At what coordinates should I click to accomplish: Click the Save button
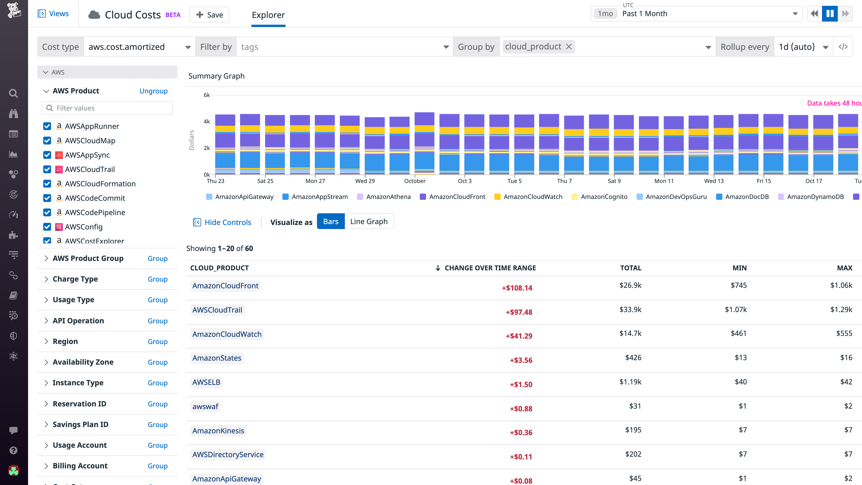point(209,15)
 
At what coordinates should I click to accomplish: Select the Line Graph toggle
point(369,222)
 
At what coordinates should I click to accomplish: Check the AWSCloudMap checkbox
point(47,141)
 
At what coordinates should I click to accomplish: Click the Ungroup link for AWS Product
point(153,91)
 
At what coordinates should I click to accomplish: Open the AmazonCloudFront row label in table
point(225,286)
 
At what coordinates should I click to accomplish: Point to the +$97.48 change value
point(519,312)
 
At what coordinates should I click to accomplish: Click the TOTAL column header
point(630,268)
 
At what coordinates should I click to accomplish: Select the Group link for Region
point(157,341)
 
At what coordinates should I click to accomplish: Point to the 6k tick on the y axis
point(207,95)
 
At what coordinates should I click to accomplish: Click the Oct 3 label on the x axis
point(464,181)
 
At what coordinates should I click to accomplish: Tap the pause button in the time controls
point(829,14)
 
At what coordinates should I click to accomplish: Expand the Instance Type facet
point(78,383)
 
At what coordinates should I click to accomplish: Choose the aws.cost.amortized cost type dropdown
point(139,47)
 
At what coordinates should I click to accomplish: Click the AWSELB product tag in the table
point(206,382)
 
